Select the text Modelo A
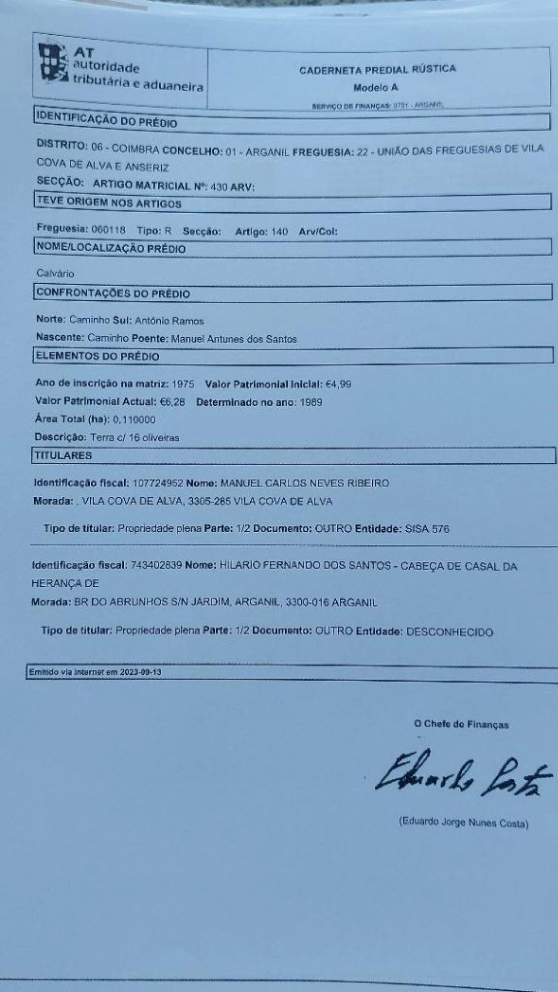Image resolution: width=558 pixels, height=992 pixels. [x=375, y=88]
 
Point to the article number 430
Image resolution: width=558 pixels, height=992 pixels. [x=219, y=187]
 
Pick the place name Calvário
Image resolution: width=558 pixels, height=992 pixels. [x=55, y=274]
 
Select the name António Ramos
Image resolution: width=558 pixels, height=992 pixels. [x=169, y=321]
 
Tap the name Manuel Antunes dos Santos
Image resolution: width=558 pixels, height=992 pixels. [x=234, y=339]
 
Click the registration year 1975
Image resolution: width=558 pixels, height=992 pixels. [x=183, y=384]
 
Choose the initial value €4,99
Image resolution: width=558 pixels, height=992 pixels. [x=338, y=384]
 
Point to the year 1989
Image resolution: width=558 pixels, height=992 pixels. [x=311, y=402]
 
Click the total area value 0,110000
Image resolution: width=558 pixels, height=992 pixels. [x=134, y=420]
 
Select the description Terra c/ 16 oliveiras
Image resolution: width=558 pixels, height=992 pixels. [x=135, y=438]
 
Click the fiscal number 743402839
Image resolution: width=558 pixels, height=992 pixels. [x=156, y=566]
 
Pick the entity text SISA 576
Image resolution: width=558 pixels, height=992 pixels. [x=427, y=529]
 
